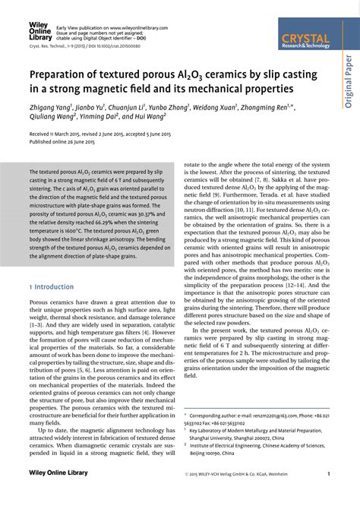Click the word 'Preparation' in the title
tap(59, 76)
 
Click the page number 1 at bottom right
tap(328, 495)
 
